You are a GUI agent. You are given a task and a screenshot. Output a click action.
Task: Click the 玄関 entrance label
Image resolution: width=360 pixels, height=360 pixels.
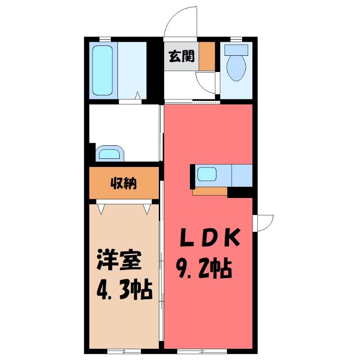(182, 56)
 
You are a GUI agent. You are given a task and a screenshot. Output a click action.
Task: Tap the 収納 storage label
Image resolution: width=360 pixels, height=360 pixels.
(124, 183)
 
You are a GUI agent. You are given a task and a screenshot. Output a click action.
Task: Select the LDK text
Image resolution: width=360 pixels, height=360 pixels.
(210, 237)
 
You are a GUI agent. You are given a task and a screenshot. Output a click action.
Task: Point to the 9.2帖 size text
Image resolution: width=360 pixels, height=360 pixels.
(204, 268)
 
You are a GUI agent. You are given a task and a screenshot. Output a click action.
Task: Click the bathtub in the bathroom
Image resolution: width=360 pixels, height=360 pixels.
(103, 70)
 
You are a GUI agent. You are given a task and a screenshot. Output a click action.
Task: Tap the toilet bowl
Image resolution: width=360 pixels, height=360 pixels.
(236, 68)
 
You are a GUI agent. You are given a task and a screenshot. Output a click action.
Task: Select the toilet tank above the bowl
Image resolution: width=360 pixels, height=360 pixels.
(236, 50)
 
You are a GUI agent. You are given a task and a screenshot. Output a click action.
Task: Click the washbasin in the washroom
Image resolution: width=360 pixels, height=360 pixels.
(109, 153)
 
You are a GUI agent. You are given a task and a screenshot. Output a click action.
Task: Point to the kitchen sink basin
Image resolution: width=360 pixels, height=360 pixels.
(207, 174)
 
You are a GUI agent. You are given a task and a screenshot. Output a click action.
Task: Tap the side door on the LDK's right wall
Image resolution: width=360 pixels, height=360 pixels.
(263, 223)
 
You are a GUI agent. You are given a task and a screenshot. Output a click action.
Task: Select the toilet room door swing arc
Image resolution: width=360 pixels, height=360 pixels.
(203, 85)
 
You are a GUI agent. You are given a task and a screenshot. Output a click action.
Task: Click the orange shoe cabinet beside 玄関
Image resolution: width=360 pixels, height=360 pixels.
(207, 56)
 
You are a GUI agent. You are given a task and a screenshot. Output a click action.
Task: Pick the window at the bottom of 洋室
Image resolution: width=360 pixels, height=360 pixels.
(124, 351)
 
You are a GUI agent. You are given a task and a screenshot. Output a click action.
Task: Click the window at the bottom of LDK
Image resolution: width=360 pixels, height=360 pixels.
(202, 351)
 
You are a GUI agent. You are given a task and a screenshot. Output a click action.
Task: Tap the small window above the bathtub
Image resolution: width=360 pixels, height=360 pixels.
(105, 39)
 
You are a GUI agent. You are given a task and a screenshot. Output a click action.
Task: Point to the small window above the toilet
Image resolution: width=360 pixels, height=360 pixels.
(236, 39)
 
